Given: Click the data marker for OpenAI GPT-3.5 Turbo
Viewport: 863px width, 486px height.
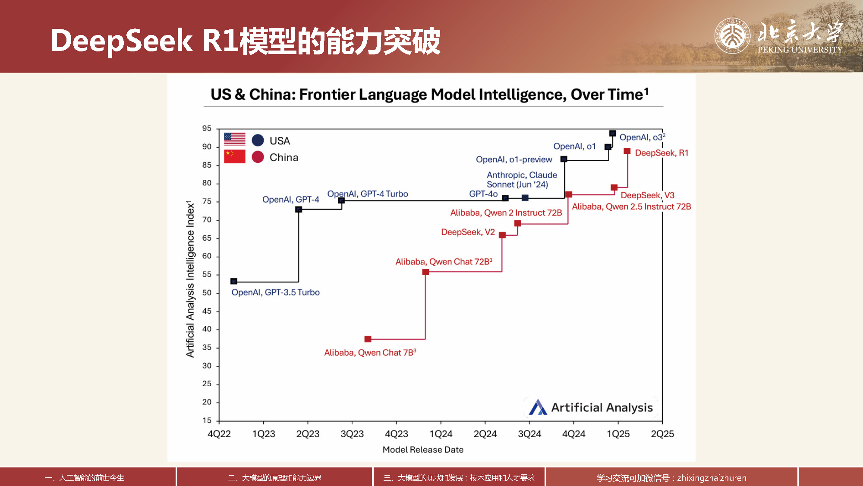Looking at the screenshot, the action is tap(234, 281).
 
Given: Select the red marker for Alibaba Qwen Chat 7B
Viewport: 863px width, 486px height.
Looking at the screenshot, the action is tap(368, 339).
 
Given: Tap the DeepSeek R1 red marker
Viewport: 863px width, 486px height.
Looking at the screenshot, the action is tap(627, 151).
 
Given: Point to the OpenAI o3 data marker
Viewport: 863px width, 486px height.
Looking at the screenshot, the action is tap(612, 133).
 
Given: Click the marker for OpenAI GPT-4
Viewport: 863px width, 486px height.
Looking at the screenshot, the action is tap(299, 210).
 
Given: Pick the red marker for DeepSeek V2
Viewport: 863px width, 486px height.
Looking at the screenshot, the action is tap(502, 235).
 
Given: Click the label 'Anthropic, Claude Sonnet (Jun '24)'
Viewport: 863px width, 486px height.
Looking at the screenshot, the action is tap(522, 180).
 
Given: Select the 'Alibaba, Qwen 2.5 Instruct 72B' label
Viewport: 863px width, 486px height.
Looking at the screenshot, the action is tap(631, 206).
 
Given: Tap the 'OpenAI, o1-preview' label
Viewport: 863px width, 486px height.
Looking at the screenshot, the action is tap(514, 159).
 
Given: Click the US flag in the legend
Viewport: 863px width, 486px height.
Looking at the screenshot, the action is tap(235, 139).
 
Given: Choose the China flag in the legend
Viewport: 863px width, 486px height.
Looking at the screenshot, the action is tap(235, 156).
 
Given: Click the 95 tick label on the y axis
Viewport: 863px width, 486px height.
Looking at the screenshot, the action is tap(207, 128).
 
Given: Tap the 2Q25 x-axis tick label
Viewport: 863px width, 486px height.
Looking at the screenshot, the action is tap(662, 434).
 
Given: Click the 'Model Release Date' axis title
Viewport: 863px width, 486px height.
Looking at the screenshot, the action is tap(423, 450).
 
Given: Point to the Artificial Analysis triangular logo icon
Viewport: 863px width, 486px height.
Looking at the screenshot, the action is tap(538, 407).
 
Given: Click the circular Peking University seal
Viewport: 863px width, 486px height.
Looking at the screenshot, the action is tap(732, 35).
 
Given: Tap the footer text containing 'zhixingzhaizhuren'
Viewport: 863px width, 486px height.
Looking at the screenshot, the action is tap(671, 478).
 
